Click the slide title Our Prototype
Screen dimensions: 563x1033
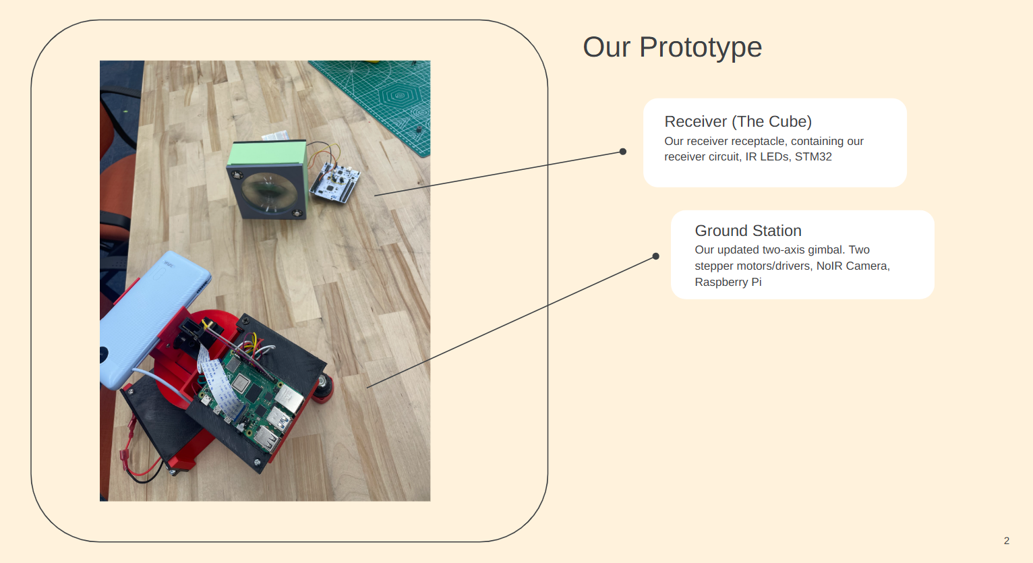click(x=672, y=47)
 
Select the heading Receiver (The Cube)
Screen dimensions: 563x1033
click(x=738, y=121)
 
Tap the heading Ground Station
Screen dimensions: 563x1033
click(x=748, y=231)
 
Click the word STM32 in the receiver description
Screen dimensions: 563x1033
click(x=813, y=156)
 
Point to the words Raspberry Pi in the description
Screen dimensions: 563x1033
click(x=728, y=282)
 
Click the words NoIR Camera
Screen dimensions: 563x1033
click(x=852, y=266)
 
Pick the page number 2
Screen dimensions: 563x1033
click(x=1007, y=541)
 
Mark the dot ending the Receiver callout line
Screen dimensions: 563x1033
click(x=623, y=152)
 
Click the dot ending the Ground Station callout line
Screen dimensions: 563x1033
click(x=655, y=256)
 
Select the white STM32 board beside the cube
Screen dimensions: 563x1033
click(x=335, y=181)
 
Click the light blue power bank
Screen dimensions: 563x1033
click(x=148, y=317)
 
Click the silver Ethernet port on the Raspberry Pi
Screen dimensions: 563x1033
click(x=289, y=399)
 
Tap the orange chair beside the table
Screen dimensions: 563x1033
click(x=116, y=182)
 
